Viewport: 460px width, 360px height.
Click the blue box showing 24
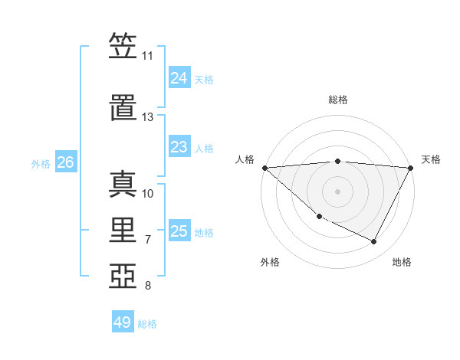tap(179, 78)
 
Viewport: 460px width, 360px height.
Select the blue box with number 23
tap(179, 147)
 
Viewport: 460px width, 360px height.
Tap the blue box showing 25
tap(179, 231)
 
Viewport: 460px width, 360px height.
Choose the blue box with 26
tap(65, 162)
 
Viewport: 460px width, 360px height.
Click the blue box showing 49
tap(123, 322)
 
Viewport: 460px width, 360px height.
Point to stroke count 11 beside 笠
tap(147, 56)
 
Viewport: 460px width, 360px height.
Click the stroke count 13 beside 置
tap(147, 117)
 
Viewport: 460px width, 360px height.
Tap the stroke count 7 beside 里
tap(147, 240)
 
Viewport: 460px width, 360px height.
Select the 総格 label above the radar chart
tap(337, 100)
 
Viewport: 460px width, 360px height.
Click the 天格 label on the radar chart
tap(431, 159)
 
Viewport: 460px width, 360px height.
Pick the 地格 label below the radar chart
tap(402, 262)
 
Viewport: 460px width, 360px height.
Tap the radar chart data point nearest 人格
tap(264, 167)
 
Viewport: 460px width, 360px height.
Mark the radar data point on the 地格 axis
tap(374, 241)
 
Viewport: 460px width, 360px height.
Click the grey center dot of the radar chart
tap(337, 191)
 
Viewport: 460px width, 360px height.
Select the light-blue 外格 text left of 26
tap(41, 163)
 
